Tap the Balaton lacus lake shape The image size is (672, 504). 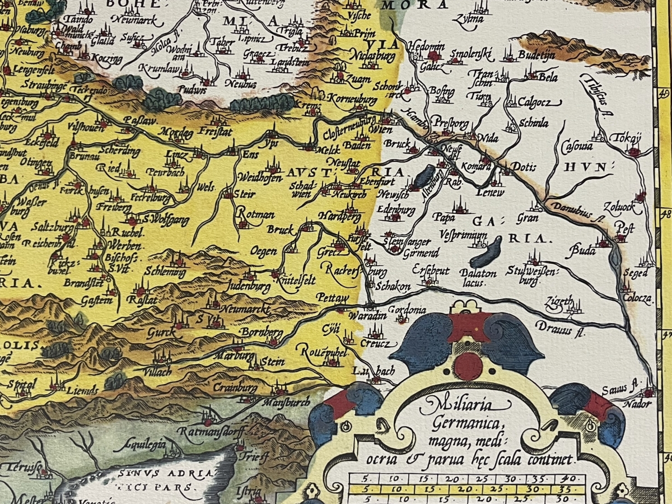pos(485,253)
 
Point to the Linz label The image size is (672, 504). pos(176,154)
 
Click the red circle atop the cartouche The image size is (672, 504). pos(468,367)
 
